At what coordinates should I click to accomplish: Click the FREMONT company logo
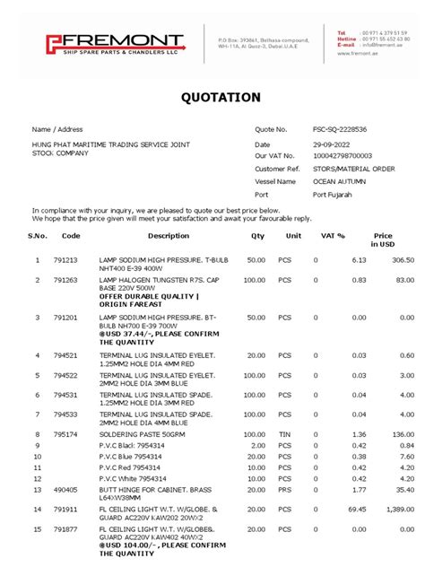[115, 43]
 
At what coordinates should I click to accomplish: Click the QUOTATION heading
[221, 97]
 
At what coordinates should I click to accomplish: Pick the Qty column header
[258, 236]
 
